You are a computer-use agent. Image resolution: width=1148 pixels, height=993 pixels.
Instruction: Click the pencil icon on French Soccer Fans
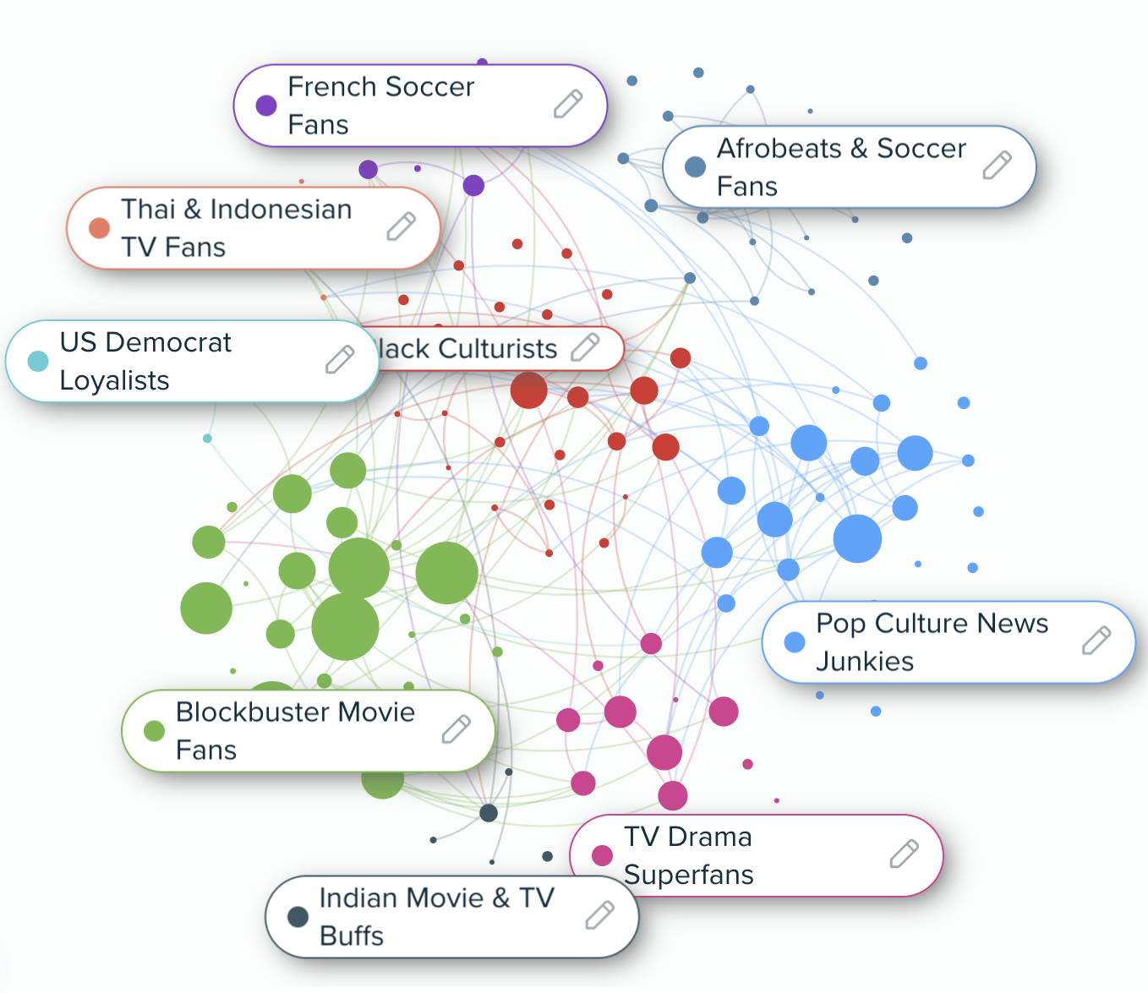tap(568, 104)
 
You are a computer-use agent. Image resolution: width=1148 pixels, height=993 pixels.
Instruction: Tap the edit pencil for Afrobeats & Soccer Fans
tap(997, 166)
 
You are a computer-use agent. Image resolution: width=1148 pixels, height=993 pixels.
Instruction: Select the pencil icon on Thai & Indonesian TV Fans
tap(401, 226)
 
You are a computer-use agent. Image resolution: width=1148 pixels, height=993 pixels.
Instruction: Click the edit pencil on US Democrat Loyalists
tap(340, 360)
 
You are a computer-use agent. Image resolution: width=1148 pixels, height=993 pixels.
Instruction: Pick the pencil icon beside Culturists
tap(585, 346)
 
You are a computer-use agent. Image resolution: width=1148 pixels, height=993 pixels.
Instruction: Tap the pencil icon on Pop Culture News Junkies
tap(1096, 641)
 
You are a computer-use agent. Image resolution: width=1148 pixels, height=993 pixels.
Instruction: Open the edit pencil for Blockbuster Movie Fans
tap(456, 729)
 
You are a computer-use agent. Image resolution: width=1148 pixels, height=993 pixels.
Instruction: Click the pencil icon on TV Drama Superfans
tap(904, 854)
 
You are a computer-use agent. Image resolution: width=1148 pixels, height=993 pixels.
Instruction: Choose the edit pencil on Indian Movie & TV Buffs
tap(599, 915)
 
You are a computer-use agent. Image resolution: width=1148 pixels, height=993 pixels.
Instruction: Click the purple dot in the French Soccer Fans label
tap(266, 106)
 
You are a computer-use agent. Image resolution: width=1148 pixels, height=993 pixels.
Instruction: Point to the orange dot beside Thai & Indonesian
tap(100, 228)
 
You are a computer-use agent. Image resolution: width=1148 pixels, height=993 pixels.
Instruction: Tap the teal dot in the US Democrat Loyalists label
tap(38, 362)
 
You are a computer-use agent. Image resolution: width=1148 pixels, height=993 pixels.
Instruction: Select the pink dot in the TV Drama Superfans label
tap(603, 855)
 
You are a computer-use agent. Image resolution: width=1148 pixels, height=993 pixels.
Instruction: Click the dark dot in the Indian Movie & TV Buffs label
tap(298, 917)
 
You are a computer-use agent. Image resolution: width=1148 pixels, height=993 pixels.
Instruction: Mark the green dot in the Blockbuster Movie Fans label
tap(154, 731)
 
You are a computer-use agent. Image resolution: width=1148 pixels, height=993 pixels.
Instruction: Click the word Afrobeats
tap(779, 149)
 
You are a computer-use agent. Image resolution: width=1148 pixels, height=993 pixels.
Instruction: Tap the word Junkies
tap(865, 661)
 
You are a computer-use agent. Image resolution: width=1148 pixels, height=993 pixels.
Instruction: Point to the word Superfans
tap(689, 875)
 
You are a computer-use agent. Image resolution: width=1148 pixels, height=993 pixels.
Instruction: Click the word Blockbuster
tap(253, 712)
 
